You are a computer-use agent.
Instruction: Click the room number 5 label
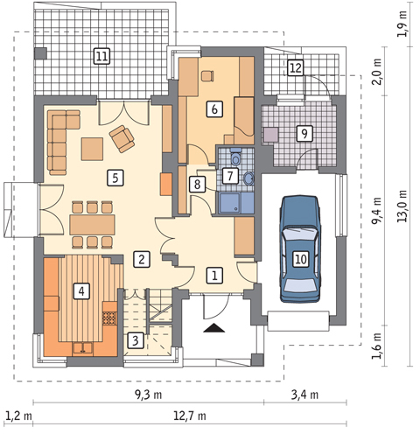115,178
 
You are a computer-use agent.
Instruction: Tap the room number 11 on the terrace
101,56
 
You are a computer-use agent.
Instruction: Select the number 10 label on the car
301,259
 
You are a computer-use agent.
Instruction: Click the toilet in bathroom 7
235,157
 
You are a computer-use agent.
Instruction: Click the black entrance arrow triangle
214,328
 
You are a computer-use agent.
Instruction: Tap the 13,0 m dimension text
402,206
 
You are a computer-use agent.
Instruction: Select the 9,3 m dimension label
148,395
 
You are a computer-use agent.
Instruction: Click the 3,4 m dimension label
304,395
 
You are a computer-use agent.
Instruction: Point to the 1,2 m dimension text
18,416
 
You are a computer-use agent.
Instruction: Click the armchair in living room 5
122,139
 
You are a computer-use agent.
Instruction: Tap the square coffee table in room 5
92,149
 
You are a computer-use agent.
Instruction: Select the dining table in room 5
92,225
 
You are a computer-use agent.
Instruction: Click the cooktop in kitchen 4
110,318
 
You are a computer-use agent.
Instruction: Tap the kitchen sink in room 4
83,347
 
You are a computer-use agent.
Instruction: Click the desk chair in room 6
207,76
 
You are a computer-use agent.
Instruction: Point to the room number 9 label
304,134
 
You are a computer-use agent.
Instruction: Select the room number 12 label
296,67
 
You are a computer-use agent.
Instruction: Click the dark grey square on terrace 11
40,53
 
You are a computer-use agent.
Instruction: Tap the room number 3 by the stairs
135,340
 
